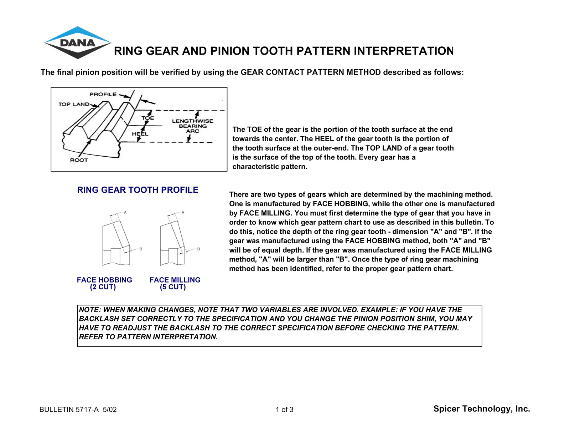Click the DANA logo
coord(78,42)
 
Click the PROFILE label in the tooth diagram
coord(103,95)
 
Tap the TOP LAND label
coord(74,104)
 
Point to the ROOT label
coord(79,160)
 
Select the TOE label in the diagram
coord(148,118)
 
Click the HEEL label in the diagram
coord(140,134)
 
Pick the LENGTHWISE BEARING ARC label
coord(193,126)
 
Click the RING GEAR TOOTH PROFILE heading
coord(138,190)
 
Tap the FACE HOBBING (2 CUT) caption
coord(104,283)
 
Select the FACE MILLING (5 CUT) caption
coord(175,283)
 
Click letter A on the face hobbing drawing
coord(125,212)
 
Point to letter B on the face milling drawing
coord(198,249)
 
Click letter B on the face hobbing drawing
coord(141,249)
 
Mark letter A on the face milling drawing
coord(183,212)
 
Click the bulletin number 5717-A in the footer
coord(87,410)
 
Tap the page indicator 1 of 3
coord(284,410)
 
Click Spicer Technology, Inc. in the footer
coord(481,409)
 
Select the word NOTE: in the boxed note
coord(90,310)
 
